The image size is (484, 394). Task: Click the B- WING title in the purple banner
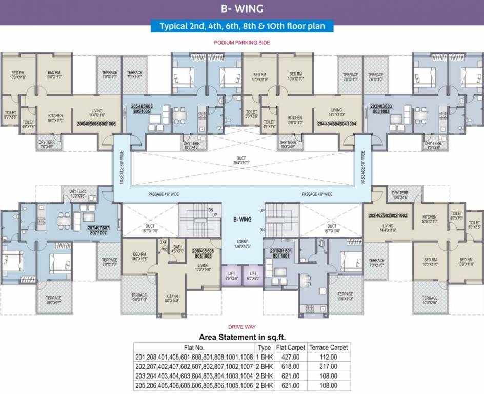[241, 8]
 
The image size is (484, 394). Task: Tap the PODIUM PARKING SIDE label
[242, 43]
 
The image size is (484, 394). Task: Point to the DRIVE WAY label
[242, 327]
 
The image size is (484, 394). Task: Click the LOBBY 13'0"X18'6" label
[242, 244]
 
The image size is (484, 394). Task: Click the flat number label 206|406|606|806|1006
[96, 124]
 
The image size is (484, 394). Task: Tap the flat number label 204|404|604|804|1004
[337, 124]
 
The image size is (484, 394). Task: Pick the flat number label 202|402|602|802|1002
[388, 216]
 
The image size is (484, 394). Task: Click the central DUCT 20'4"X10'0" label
[241, 161]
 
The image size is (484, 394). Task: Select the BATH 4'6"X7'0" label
[177, 248]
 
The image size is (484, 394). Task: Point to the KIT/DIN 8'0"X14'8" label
[172, 299]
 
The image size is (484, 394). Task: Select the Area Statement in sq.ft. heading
[241, 337]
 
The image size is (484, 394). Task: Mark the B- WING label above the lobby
[242, 219]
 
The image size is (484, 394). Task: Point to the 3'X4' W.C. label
[164, 246]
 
